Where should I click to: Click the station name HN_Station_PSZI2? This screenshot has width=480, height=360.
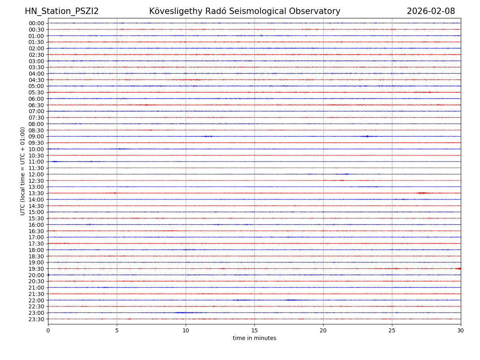point(62,12)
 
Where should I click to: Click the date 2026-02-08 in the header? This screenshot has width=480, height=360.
point(431,12)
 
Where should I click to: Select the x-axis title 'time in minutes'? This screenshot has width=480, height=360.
point(254,338)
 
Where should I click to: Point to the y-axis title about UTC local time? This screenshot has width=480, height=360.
point(23,171)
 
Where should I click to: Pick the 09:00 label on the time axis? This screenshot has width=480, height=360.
point(36,136)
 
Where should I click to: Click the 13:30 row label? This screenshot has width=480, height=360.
point(36,193)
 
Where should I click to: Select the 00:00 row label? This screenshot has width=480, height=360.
point(36,23)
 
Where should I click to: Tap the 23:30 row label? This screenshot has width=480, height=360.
point(36,319)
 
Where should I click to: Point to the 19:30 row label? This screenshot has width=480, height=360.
point(36,269)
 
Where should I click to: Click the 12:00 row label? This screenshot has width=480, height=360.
point(36,174)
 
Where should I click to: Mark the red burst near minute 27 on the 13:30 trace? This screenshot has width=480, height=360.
point(422,193)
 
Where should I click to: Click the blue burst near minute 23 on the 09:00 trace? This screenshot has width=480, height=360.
point(367,136)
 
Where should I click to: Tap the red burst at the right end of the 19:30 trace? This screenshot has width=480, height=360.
point(458,268)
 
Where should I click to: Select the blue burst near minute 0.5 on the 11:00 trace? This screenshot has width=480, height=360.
point(55,162)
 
